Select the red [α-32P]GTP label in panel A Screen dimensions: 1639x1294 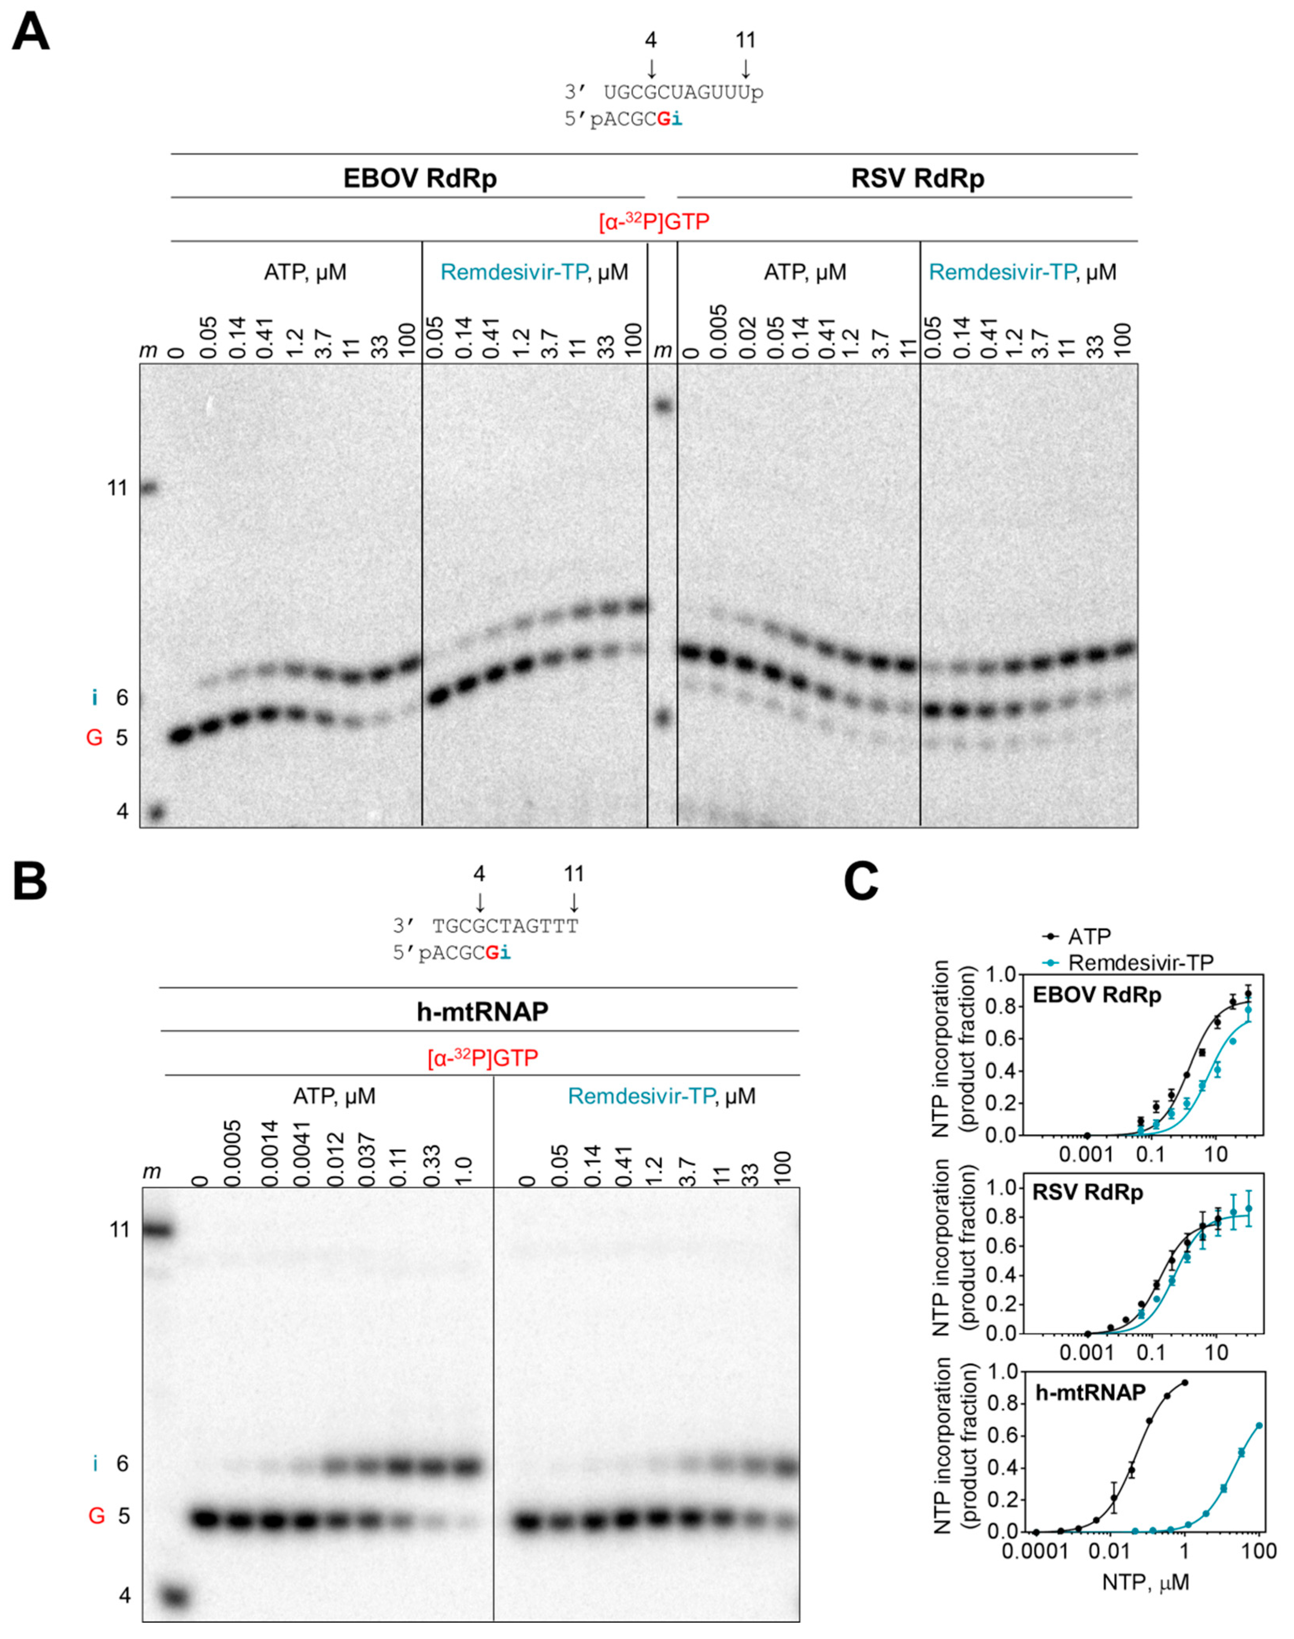click(x=654, y=222)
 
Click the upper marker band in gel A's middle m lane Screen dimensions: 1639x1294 click(x=664, y=405)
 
